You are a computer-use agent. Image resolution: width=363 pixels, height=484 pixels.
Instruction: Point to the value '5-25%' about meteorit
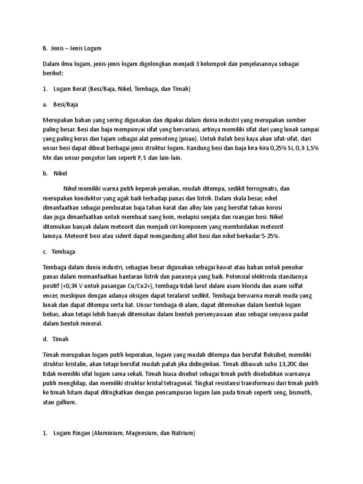pos(270,235)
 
